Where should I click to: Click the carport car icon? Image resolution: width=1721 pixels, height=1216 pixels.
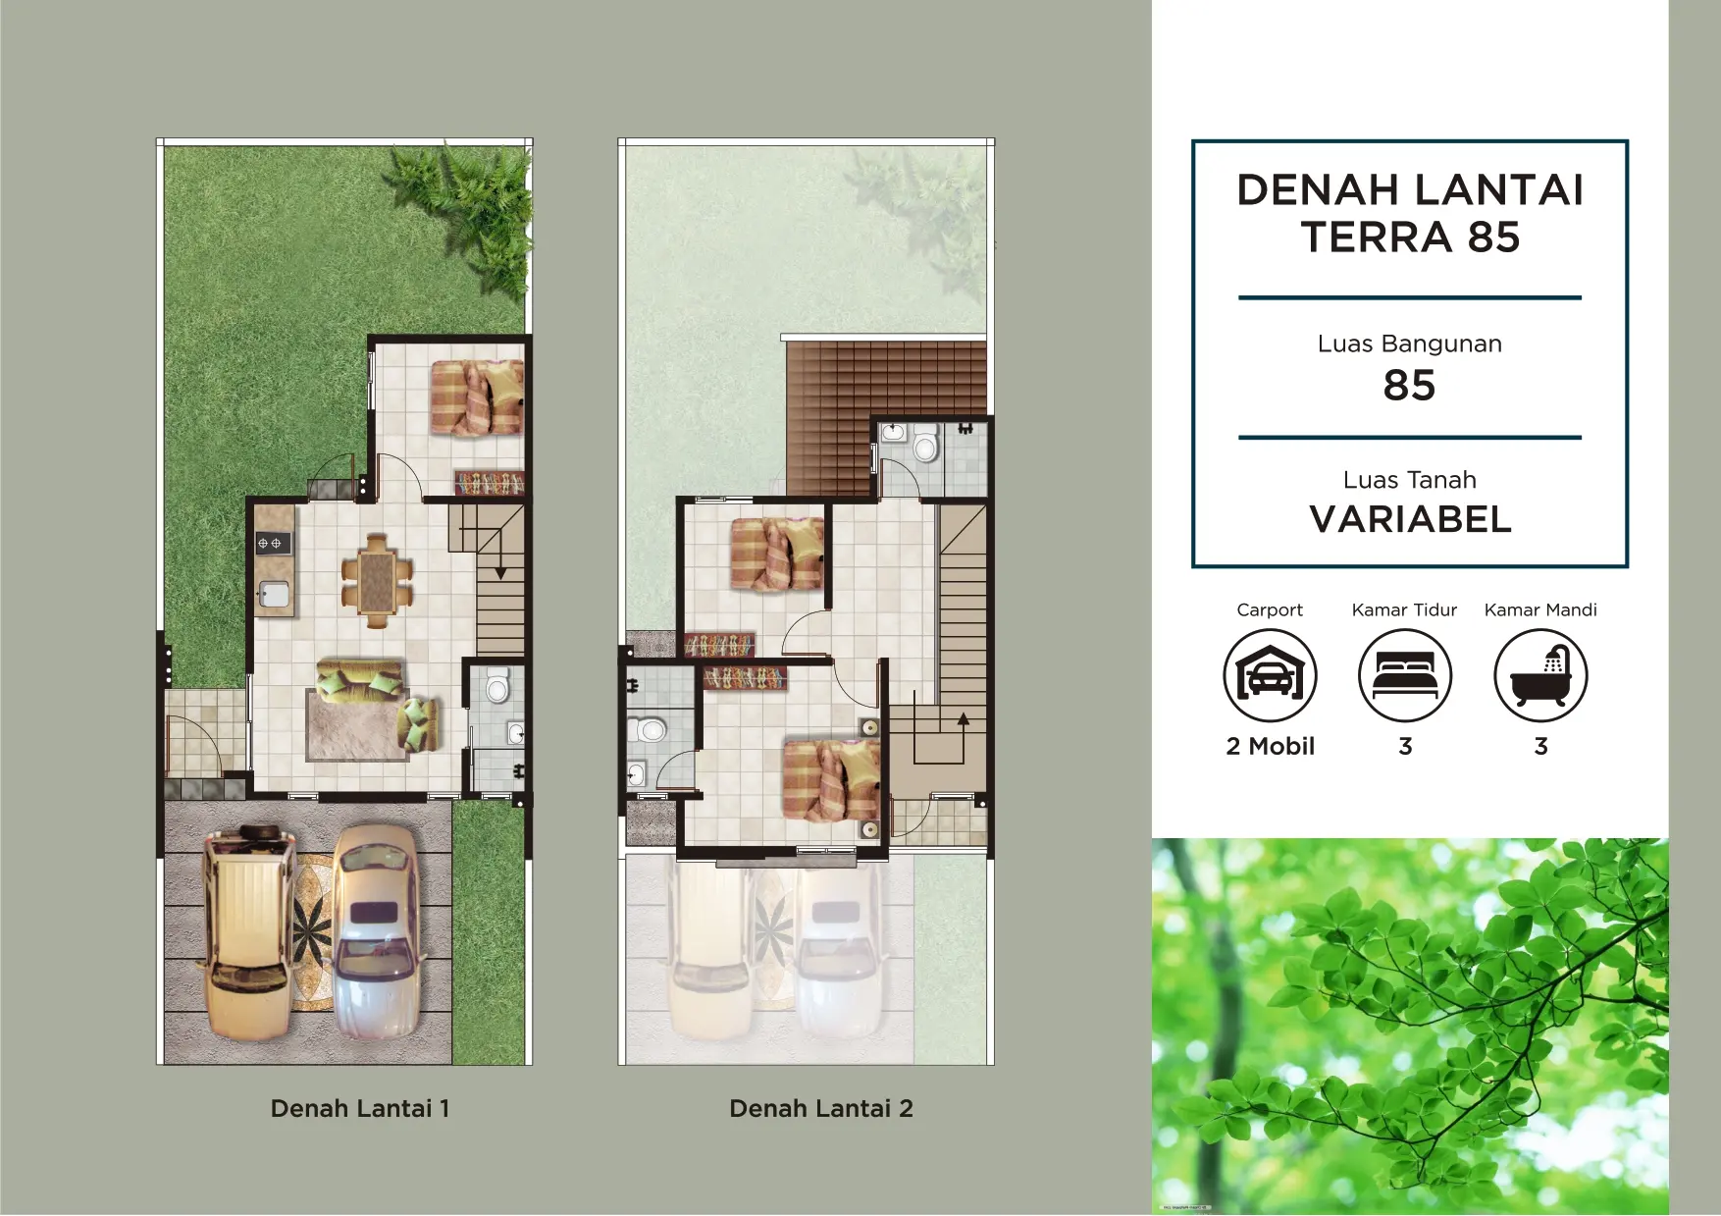pos(1270,675)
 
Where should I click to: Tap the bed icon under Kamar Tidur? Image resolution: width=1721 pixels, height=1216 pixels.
pos(1405,675)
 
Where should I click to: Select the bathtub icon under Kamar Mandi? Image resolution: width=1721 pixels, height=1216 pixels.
pos(1540,675)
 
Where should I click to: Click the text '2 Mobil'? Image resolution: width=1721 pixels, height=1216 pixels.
pos(1270,746)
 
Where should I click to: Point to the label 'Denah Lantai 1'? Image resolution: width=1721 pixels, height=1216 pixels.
pos(360,1108)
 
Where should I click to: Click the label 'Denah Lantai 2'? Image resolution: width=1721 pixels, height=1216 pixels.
pos(821,1108)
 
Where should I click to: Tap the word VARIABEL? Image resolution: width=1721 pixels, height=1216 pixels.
pos(1410,519)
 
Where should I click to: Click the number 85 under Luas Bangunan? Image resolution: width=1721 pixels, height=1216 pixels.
pos(1409,386)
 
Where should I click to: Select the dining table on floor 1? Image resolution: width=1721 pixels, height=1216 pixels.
pos(377,580)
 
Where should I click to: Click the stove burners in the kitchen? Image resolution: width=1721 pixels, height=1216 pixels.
pos(270,543)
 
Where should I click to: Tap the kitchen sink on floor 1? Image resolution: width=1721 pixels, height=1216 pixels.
pos(274,594)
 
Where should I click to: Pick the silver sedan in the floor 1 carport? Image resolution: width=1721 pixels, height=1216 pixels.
pos(378,932)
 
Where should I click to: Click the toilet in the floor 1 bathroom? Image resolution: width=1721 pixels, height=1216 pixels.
pos(498,685)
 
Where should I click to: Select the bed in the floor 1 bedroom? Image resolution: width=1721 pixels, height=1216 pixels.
pos(478,397)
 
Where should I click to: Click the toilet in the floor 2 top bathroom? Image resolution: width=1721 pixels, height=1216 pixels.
pos(925,446)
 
